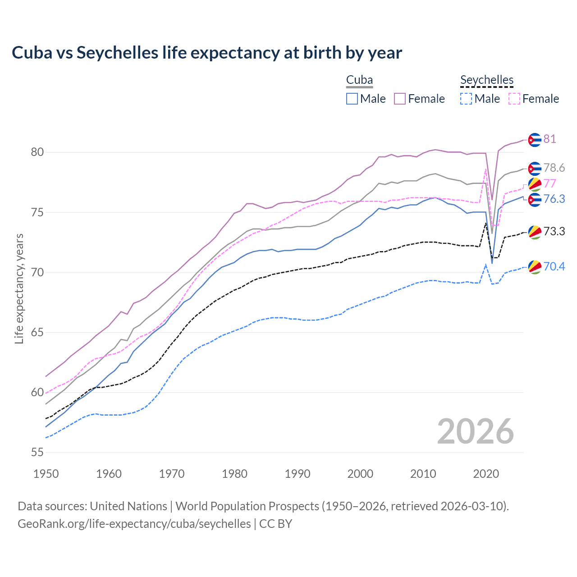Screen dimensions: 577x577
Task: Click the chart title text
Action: [x=206, y=53]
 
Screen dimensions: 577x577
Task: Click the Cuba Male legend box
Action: [x=352, y=99]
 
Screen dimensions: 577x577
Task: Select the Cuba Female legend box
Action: [x=400, y=99]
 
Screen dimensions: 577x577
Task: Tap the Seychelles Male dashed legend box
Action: [x=466, y=99]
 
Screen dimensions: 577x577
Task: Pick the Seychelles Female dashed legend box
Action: [x=514, y=99]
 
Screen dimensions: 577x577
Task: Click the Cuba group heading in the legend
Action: [x=359, y=80]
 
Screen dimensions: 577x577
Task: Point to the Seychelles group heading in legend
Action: [x=487, y=80]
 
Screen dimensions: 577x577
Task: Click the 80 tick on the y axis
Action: [x=37, y=152]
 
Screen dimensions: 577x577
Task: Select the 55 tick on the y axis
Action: [x=37, y=453]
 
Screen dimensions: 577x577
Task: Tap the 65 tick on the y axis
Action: [x=37, y=333]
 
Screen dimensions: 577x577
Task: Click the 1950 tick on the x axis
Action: [x=46, y=474]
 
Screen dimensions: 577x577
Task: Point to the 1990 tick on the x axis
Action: [x=298, y=474]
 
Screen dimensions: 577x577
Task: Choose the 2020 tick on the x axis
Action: [x=486, y=474]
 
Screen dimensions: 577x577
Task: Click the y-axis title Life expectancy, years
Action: [x=19, y=288]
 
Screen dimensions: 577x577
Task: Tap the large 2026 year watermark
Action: [x=475, y=431]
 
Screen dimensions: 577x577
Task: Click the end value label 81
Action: [x=550, y=139]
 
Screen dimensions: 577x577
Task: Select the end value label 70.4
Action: [x=554, y=266]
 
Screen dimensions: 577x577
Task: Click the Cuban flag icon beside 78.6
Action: [x=535, y=169]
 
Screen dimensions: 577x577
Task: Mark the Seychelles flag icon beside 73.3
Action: [x=535, y=232]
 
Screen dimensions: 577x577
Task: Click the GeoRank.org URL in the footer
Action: [x=134, y=524]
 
